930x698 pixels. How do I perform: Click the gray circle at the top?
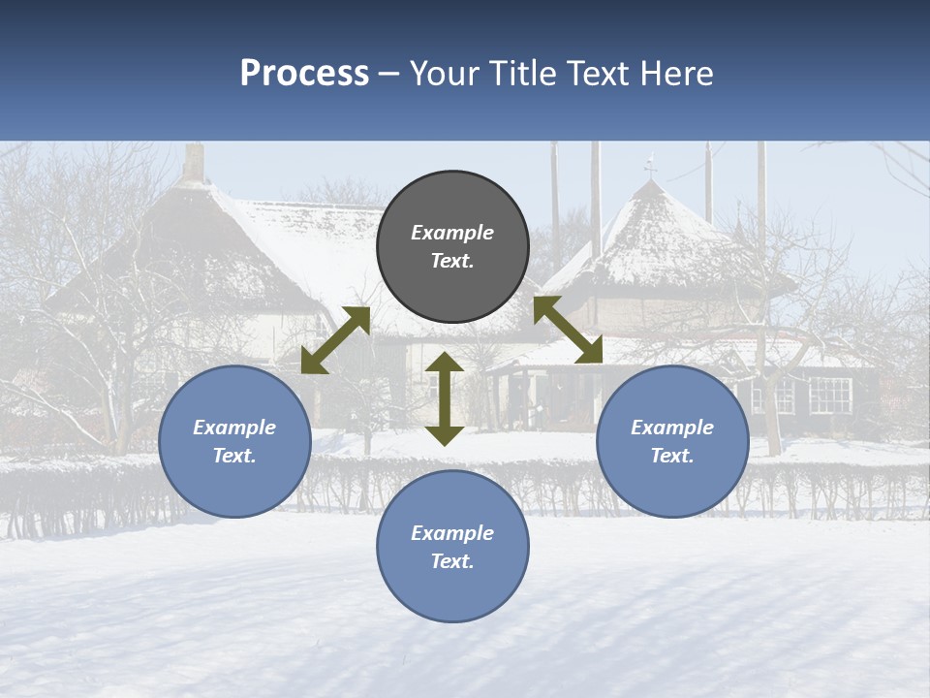452,247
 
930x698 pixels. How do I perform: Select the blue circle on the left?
234,442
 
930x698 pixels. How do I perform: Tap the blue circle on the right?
672,442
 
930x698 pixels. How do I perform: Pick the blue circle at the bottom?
452,547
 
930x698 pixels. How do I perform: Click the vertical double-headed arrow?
445,398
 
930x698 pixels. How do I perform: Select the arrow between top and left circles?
335,340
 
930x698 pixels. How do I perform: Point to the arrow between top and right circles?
569,330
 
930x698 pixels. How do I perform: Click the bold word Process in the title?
304,74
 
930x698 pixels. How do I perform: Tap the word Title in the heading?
520,74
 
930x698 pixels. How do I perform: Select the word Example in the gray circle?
452,233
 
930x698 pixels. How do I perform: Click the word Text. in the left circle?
234,456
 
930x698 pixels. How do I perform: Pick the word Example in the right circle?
672,428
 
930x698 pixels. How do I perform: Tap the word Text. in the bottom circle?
452,561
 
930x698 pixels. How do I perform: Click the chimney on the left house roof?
194,163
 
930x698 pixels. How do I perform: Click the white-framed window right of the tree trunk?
829,394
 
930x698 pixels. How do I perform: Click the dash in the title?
389,74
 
